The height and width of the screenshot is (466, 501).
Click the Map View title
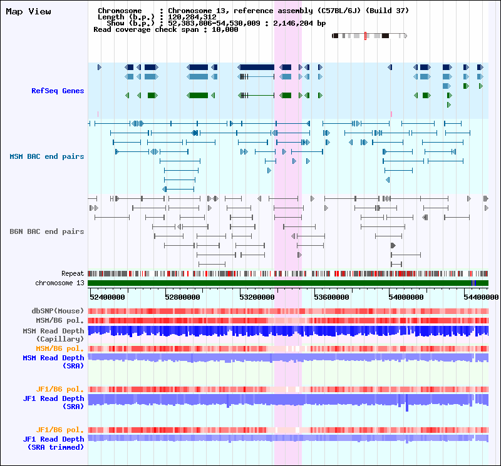[28, 11]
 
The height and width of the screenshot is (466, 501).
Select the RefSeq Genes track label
[58, 91]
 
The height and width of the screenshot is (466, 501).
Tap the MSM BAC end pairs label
[46, 156]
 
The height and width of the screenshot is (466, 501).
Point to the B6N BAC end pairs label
[46, 231]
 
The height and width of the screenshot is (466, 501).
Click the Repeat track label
[73, 273]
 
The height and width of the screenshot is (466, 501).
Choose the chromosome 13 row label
[59, 283]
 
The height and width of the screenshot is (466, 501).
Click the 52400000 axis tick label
[107, 297]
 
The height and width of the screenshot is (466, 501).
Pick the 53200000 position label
[257, 297]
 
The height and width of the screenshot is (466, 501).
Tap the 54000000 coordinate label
[406, 297]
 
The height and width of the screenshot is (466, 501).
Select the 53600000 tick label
[331, 297]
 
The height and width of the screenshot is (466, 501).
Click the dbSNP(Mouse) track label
[58, 311]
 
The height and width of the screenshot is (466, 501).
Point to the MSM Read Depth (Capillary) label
[53, 335]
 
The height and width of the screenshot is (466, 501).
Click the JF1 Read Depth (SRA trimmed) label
[53, 443]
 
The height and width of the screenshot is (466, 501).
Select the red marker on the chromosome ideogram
[365, 36]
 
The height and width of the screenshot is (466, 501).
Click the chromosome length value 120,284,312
[192, 17]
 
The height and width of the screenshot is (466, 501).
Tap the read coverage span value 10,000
[225, 29]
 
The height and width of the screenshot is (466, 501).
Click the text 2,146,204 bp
[299, 23]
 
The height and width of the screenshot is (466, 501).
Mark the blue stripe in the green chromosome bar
[474, 283]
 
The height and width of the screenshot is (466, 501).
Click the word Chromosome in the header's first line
[120, 11]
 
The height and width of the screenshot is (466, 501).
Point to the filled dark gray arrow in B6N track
[393, 245]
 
